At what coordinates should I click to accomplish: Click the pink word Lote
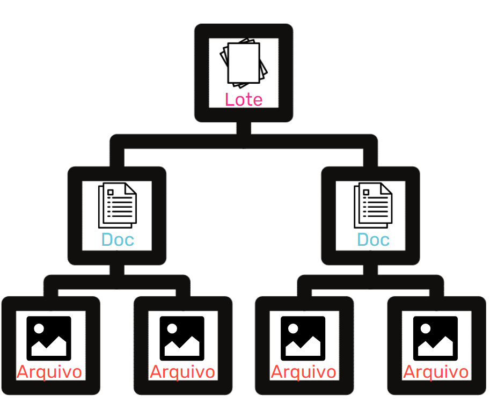(x=244, y=100)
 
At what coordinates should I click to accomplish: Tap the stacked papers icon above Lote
(x=244, y=63)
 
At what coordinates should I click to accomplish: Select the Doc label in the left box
(x=118, y=240)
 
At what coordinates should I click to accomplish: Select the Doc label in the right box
(x=373, y=240)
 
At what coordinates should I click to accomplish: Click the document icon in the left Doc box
(x=118, y=206)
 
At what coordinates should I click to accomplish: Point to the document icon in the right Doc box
(x=373, y=206)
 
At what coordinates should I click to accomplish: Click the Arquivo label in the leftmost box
(x=49, y=372)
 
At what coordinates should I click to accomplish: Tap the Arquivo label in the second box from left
(x=182, y=372)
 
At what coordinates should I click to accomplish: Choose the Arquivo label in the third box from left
(x=303, y=372)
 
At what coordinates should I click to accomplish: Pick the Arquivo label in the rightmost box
(x=436, y=372)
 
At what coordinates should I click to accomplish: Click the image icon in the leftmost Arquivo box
(x=49, y=339)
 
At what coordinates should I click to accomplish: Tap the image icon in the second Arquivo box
(x=182, y=339)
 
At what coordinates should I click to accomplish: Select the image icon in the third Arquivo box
(x=303, y=339)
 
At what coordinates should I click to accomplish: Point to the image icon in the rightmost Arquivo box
(x=435, y=339)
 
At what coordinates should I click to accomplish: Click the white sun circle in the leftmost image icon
(x=39, y=328)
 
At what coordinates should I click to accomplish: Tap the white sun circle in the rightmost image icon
(x=425, y=328)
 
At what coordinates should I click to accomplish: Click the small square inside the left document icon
(x=111, y=192)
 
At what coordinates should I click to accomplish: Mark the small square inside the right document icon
(x=366, y=192)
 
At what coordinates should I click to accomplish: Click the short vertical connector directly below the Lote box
(x=244, y=128)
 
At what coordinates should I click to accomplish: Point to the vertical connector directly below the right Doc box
(x=370, y=270)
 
